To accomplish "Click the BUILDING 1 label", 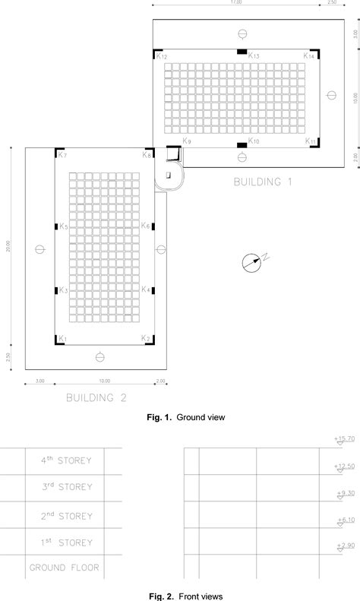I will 263,182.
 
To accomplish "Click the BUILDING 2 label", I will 96,397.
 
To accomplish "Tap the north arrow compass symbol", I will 251,263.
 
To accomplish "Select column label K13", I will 254,56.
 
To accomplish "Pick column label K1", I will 63,338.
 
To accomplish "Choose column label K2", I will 147,338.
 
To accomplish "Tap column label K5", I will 64,227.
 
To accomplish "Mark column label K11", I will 311,141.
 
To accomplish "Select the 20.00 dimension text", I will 8,246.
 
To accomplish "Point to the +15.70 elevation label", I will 344,439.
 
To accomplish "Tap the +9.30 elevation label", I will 344,493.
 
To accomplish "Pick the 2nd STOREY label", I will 67,515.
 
